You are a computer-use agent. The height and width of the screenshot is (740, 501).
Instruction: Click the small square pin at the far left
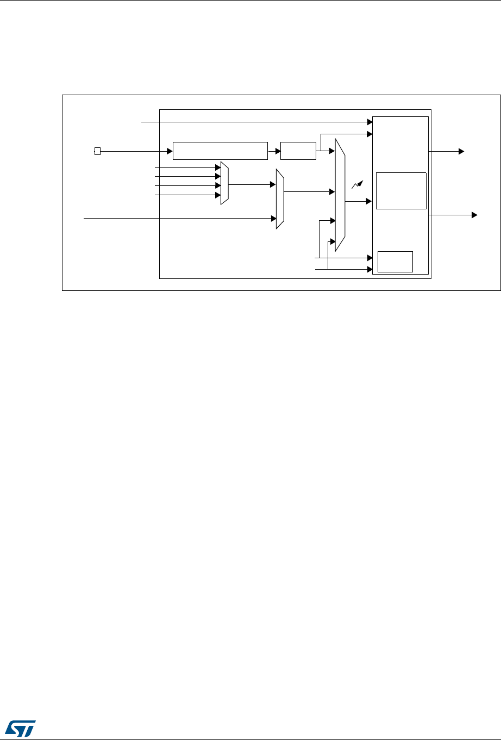97,151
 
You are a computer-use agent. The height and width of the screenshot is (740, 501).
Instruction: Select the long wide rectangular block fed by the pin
220,151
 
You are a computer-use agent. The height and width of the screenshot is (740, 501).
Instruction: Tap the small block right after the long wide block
298,151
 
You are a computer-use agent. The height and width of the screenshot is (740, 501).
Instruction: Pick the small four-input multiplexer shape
224,183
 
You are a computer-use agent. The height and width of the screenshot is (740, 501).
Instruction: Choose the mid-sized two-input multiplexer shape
280,199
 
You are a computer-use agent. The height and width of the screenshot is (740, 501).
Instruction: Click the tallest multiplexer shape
340,195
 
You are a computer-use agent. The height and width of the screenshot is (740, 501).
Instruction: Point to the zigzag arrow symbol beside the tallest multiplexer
356,185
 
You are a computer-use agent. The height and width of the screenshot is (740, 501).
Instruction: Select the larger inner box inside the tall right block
401,190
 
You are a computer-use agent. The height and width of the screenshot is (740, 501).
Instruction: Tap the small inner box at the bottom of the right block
396,262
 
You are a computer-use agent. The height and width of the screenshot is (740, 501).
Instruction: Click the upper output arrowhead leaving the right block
461,151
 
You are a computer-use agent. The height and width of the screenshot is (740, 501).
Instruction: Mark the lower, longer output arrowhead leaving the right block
474,215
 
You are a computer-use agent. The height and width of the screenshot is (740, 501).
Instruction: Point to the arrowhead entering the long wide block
170,151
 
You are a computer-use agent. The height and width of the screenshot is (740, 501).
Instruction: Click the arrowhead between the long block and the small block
277,151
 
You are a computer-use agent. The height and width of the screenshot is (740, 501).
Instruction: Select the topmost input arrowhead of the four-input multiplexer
217,168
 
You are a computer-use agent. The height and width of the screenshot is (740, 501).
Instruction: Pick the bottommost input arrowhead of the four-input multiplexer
217,194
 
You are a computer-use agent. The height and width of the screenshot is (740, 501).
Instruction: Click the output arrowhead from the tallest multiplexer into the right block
369,201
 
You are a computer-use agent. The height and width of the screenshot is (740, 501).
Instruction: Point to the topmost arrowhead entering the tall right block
369,123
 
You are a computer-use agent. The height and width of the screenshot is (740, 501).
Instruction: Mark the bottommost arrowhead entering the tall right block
369,269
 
